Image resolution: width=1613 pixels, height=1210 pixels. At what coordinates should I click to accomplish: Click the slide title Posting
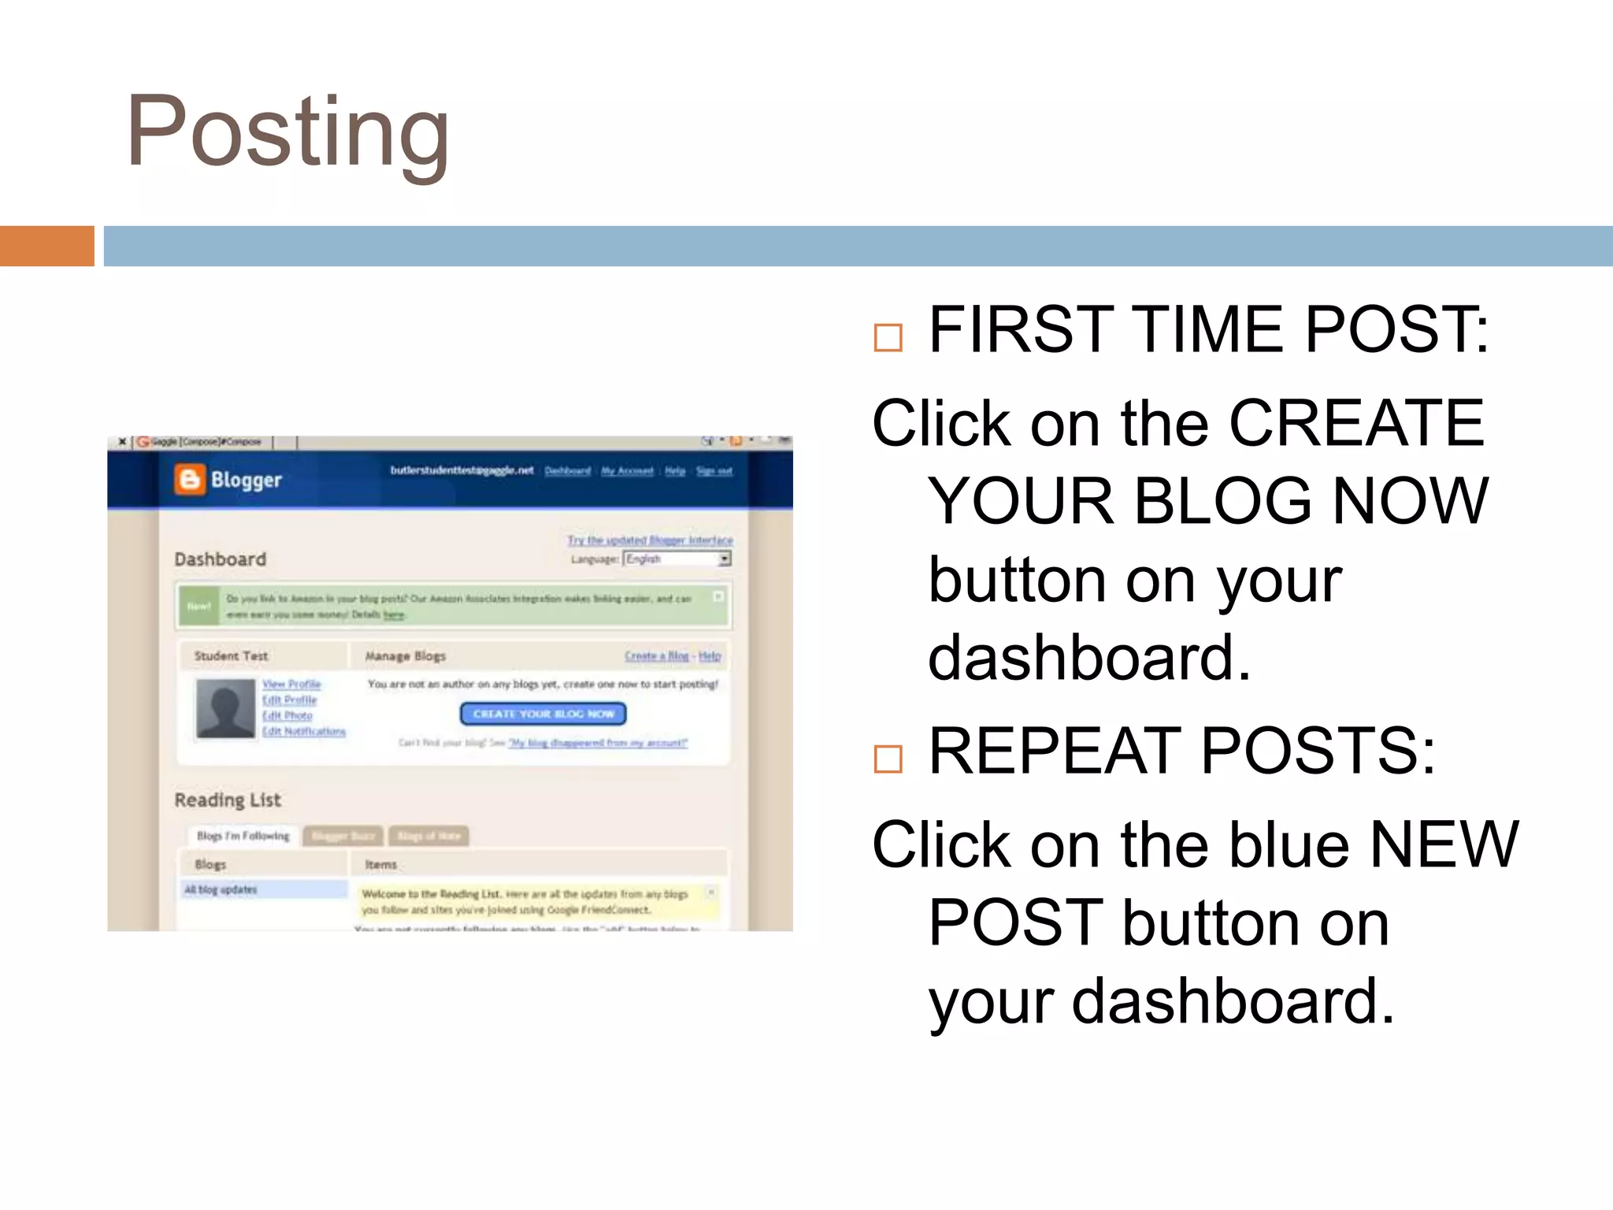point(287,132)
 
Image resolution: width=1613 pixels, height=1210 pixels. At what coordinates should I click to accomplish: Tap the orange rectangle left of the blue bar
point(46,246)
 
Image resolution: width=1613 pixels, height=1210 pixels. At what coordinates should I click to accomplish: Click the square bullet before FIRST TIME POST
point(888,338)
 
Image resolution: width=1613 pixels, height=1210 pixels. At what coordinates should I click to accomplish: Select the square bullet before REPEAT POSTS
point(888,759)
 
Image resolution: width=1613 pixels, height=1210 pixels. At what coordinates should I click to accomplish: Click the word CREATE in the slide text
point(1356,423)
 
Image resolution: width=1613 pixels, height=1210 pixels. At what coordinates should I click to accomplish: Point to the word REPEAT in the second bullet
point(1056,751)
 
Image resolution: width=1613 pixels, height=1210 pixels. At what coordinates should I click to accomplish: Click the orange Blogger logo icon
point(189,479)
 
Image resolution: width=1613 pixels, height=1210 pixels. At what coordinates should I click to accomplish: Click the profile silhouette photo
point(225,709)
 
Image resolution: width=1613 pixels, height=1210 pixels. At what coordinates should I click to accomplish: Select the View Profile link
point(291,684)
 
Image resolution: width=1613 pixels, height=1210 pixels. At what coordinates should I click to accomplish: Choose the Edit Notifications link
point(304,731)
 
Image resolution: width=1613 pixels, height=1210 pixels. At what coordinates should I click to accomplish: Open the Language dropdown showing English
point(677,559)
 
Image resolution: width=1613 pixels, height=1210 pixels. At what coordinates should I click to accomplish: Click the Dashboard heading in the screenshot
point(221,559)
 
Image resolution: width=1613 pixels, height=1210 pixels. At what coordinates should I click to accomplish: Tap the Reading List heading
point(228,800)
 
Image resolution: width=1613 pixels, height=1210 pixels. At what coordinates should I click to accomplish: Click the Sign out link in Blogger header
point(714,471)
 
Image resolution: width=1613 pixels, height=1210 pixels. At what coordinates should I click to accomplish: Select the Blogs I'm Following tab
point(243,835)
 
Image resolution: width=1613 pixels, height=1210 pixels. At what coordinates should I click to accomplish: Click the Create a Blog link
point(656,655)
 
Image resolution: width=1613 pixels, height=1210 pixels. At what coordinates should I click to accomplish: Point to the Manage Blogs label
point(405,655)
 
